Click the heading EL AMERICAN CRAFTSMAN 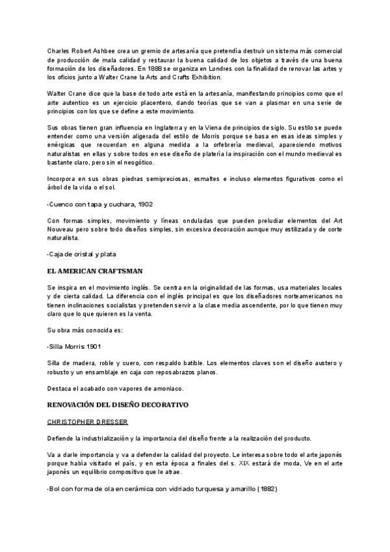click(95, 269)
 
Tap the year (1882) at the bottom click(266, 488)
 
